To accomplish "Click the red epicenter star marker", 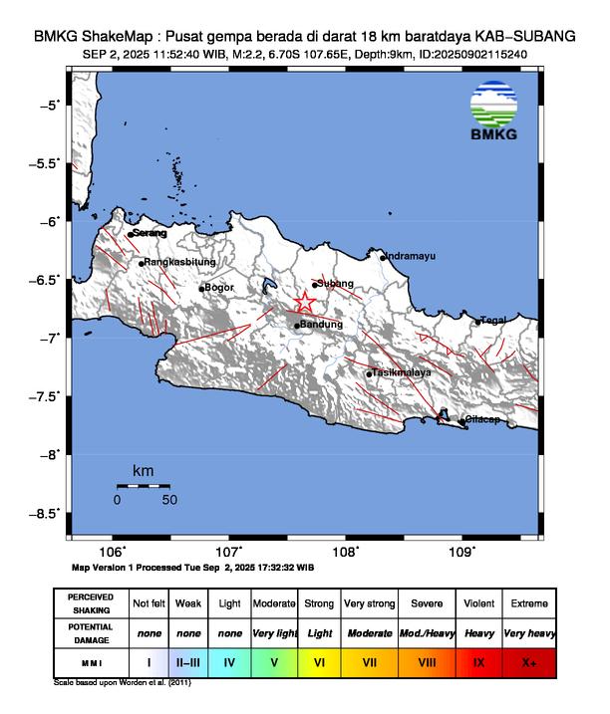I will click(306, 302).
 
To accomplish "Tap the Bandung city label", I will click(321, 325).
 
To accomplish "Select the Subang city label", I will click(336, 284).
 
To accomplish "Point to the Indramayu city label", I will click(410, 256).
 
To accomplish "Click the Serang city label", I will click(150, 233).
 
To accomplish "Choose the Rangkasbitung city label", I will click(179, 262).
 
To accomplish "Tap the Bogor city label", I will click(218, 288).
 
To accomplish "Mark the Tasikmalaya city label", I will click(401, 372).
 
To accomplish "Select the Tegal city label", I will click(494, 320).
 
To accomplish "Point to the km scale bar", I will click(143, 486).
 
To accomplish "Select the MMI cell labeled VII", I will click(368, 659).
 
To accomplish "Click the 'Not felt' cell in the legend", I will click(150, 603).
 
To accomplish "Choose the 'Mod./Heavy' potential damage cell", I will click(426, 632).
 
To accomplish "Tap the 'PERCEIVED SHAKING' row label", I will click(92, 603).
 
